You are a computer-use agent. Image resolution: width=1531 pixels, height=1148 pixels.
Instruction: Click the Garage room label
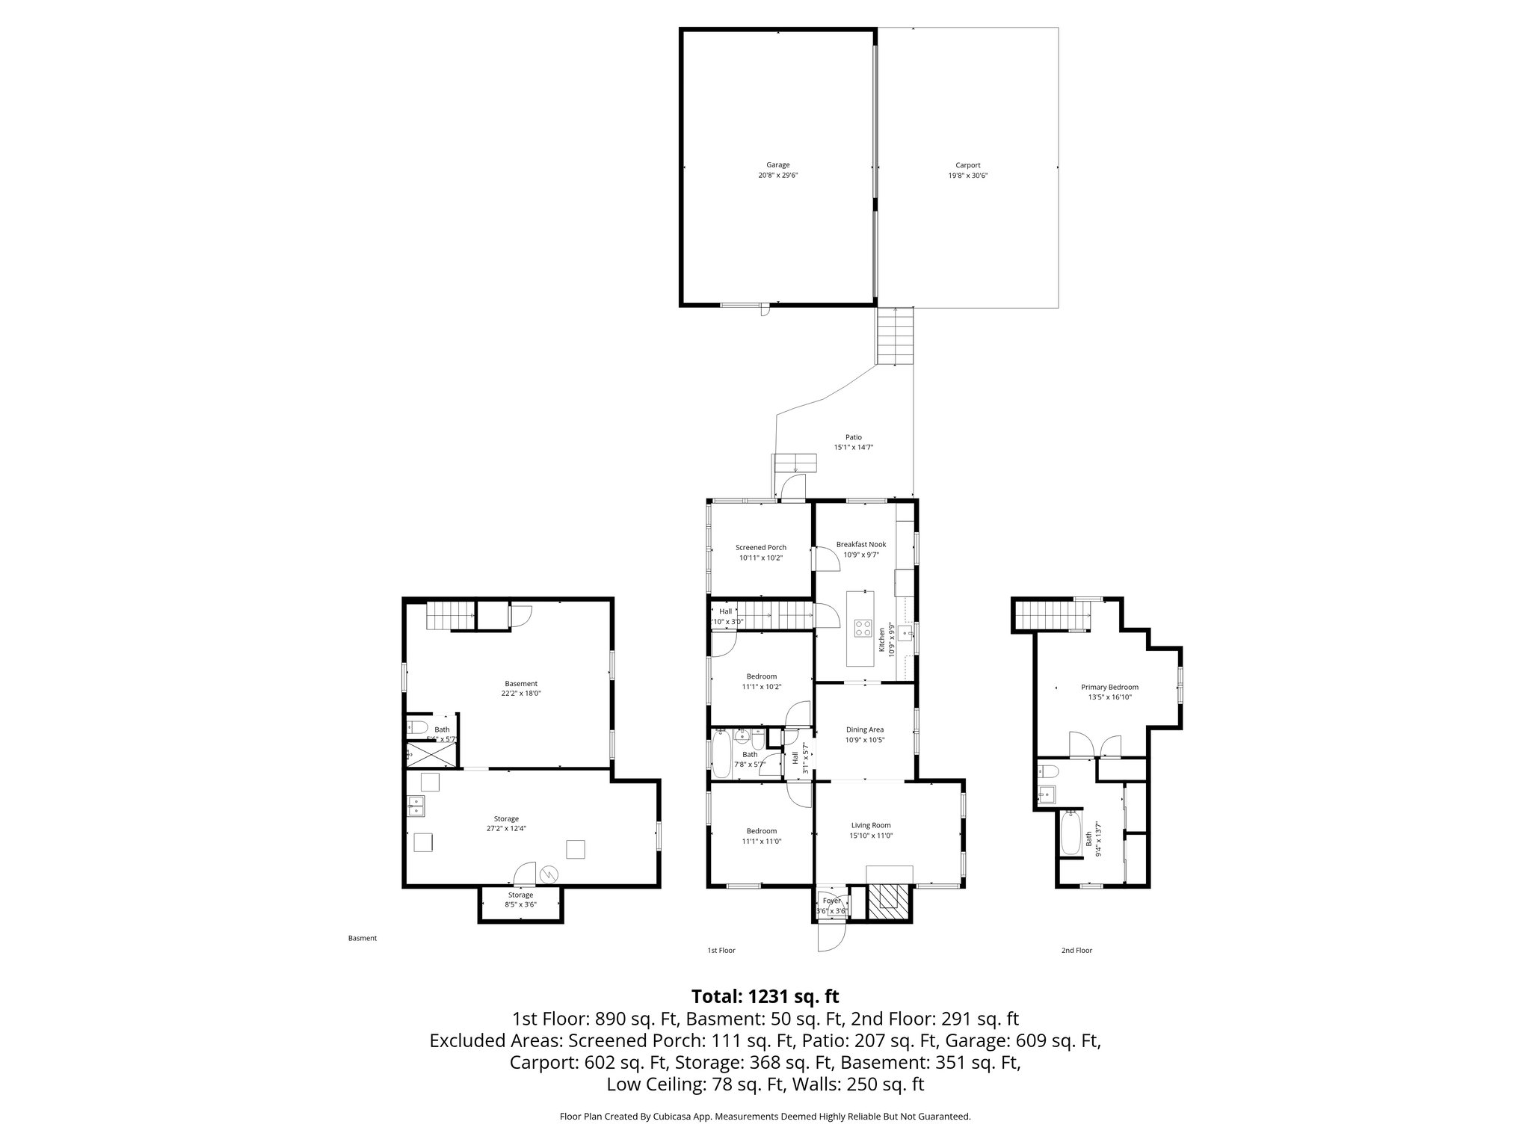777,165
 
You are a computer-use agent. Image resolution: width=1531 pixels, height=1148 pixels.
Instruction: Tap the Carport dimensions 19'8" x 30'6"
967,176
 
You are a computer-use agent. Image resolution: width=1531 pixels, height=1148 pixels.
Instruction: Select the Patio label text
853,437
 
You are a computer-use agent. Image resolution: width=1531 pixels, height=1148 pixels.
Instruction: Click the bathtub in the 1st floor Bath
721,754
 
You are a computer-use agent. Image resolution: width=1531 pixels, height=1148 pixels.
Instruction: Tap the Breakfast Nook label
860,545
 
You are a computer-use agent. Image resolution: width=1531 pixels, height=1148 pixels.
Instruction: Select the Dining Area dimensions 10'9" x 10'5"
864,740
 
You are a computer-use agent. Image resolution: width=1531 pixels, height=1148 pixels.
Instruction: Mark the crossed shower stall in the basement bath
429,755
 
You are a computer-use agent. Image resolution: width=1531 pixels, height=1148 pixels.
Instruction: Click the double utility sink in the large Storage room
416,805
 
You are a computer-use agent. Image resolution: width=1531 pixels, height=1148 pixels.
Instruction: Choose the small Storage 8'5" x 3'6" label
520,900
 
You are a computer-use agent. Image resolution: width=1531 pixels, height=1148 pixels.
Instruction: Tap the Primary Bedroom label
1109,688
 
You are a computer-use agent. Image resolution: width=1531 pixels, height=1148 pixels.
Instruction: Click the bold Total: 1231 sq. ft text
765,996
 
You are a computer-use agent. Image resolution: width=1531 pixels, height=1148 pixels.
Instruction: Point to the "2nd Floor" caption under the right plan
1076,951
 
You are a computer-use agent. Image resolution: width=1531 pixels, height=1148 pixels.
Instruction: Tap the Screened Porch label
760,548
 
